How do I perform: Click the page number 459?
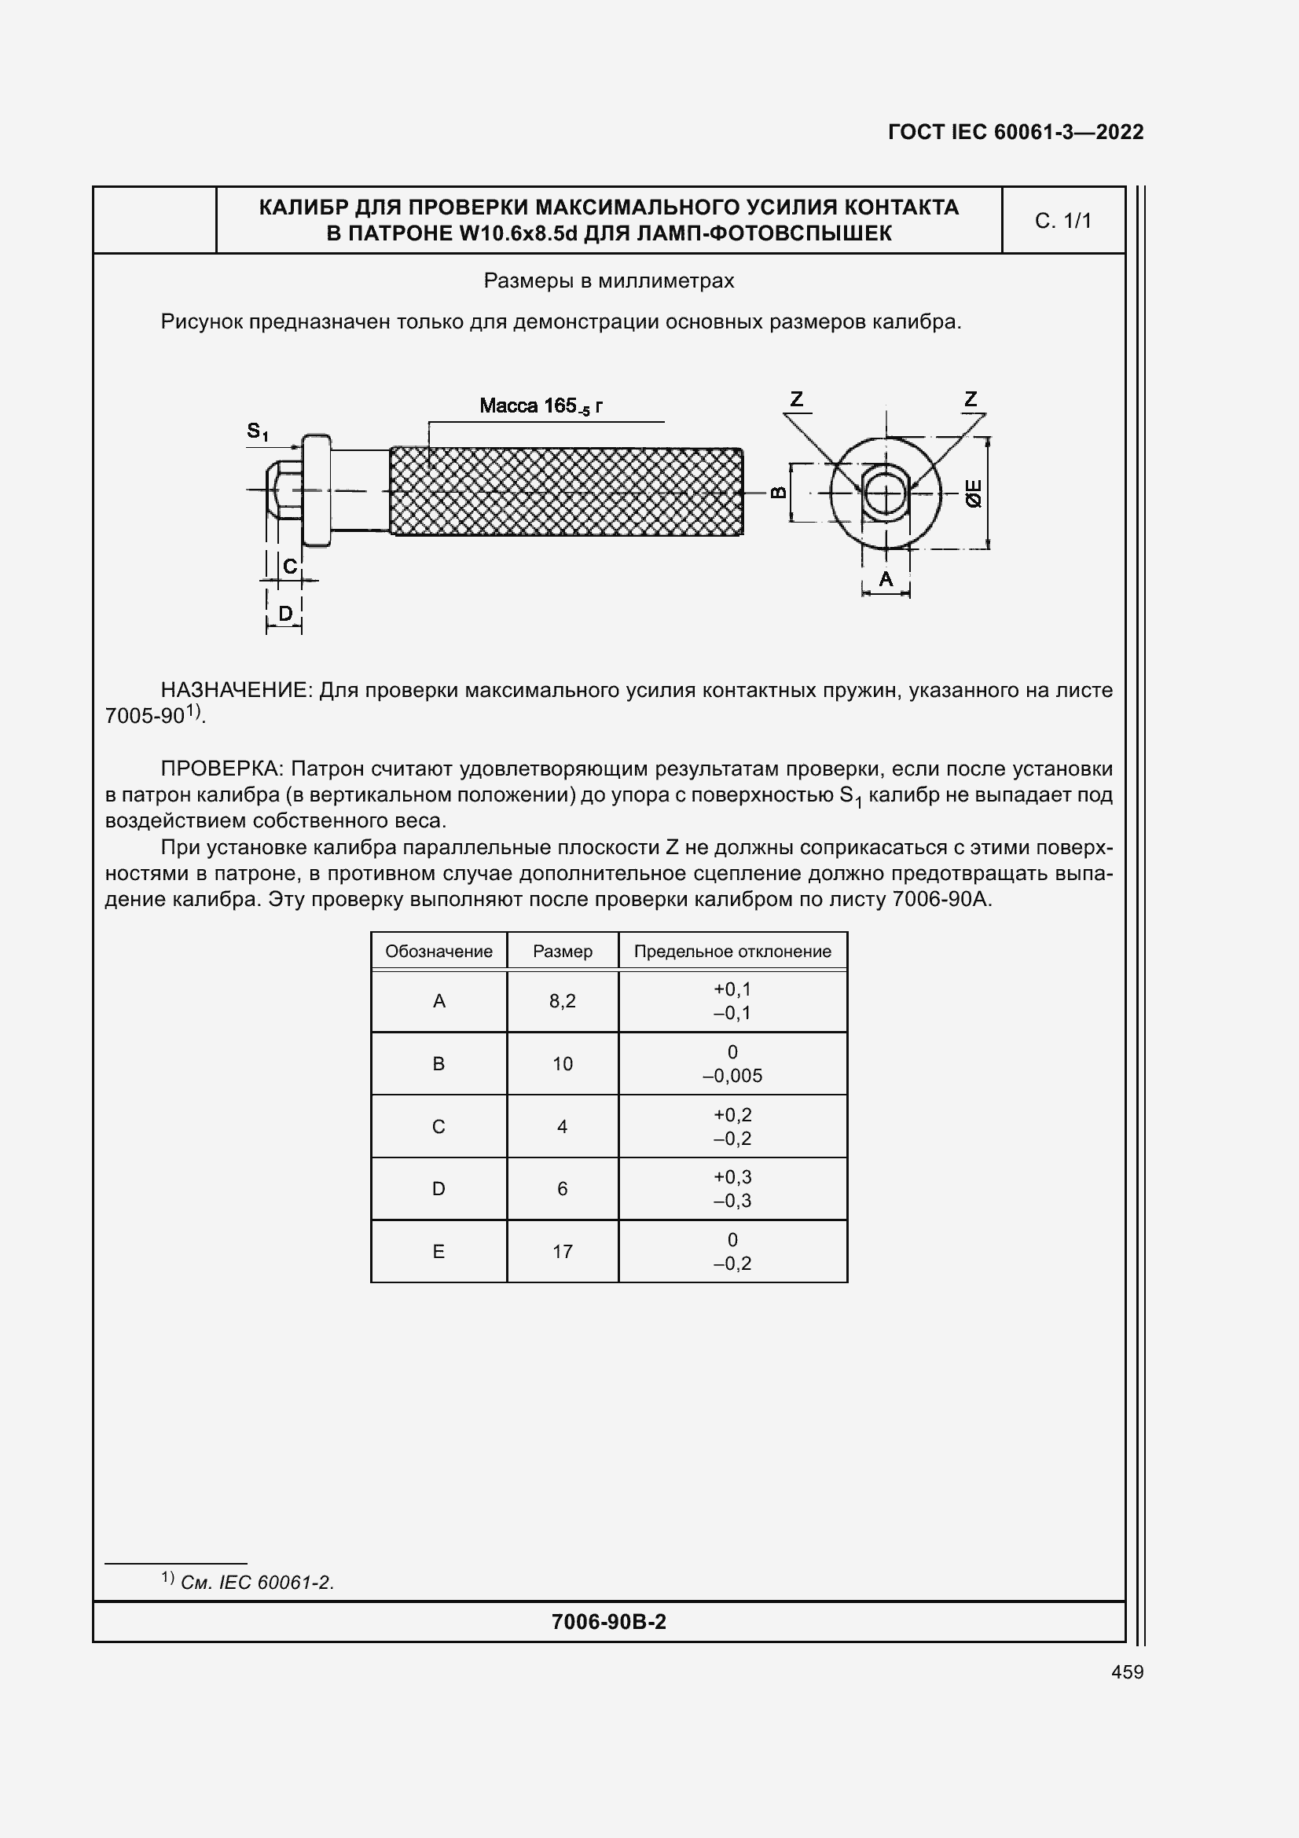(x=1127, y=1671)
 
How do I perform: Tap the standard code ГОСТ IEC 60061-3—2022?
(x=1015, y=132)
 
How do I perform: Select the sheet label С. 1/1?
(x=1062, y=221)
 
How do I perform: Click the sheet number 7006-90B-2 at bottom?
(x=608, y=1622)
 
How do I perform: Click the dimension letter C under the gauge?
(x=290, y=566)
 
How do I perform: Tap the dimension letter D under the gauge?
(x=285, y=614)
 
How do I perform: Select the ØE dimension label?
(x=973, y=493)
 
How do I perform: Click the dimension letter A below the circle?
(x=885, y=579)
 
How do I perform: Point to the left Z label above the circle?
(x=796, y=398)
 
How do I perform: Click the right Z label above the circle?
(x=971, y=398)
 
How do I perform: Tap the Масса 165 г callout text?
(x=541, y=405)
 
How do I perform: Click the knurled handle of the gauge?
(x=566, y=491)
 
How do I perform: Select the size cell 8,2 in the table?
(x=562, y=1000)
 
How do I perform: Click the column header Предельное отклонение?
(x=732, y=951)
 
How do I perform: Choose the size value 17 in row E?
(x=562, y=1251)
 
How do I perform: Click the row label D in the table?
(x=439, y=1189)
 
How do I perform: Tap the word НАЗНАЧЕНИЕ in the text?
(x=235, y=690)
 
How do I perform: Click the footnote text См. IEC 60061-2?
(x=256, y=1583)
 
